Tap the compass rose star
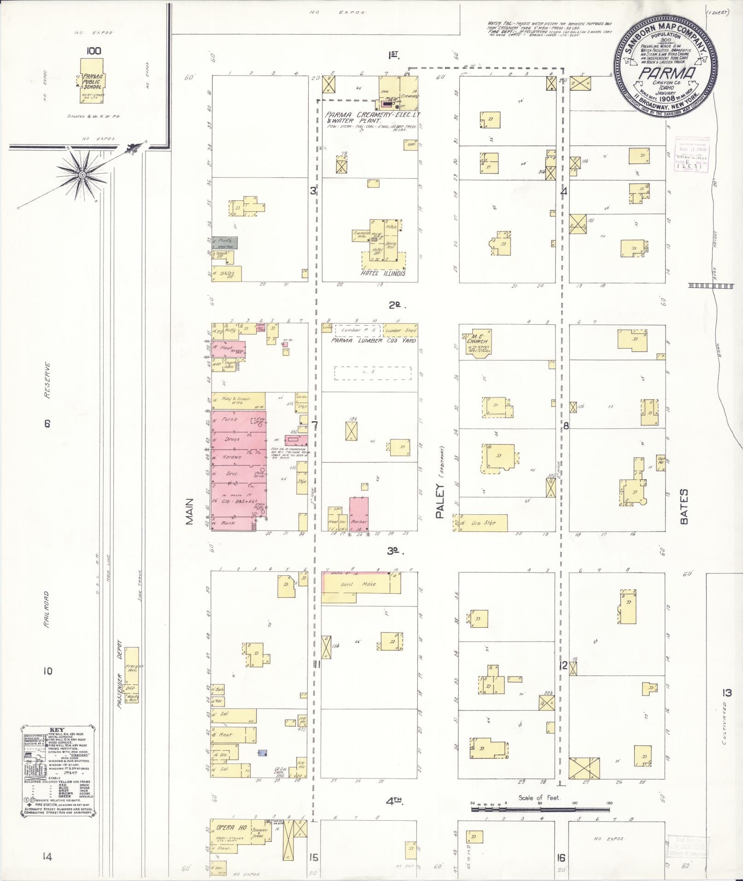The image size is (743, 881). pyautogui.click(x=82, y=175)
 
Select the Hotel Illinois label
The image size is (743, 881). pyautogui.click(x=383, y=273)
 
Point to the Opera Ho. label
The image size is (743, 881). pyautogui.click(x=228, y=828)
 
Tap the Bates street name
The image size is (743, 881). pyautogui.click(x=683, y=506)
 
